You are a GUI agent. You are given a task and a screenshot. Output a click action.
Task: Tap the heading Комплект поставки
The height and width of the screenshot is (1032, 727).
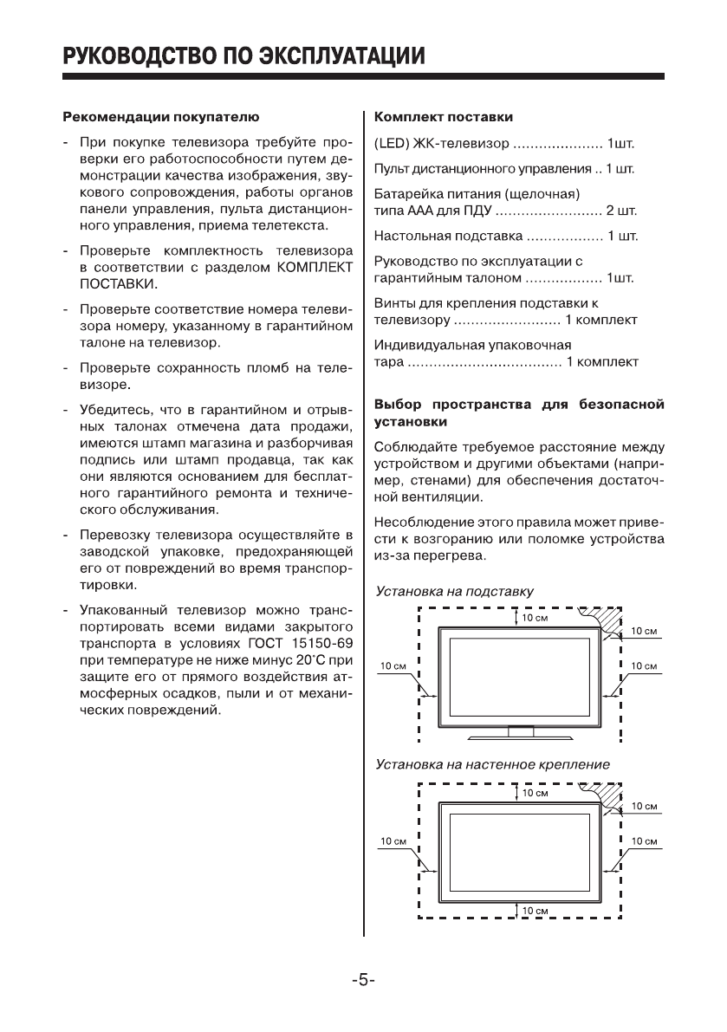(x=443, y=116)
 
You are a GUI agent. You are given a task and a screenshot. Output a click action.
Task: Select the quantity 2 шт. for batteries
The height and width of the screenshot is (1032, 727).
(x=622, y=211)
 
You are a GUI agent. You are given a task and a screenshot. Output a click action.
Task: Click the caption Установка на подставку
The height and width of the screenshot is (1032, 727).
(x=454, y=591)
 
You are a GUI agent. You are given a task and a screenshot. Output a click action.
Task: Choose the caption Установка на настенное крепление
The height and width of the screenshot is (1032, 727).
(x=492, y=765)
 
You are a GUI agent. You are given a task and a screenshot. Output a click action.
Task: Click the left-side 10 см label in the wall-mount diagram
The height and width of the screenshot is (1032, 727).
(x=394, y=841)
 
